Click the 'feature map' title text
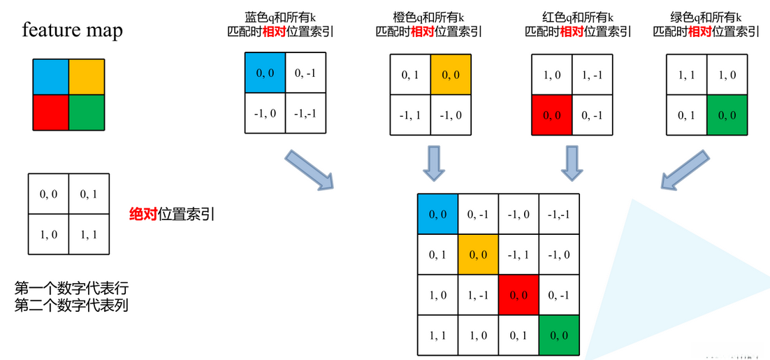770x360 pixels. click(x=72, y=30)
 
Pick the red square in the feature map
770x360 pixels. click(x=50, y=112)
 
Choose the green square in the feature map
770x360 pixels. click(x=86, y=112)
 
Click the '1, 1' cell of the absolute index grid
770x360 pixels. click(x=89, y=234)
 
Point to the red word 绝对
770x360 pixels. click(x=143, y=214)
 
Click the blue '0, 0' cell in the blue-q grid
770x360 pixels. click(x=266, y=73)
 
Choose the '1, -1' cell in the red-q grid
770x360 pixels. click(x=593, y=74)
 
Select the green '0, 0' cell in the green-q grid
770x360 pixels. click(x=727, y=115)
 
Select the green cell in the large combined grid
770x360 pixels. click(x=559, y=336)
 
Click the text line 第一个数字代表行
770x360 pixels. click(x=71, y=288)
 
